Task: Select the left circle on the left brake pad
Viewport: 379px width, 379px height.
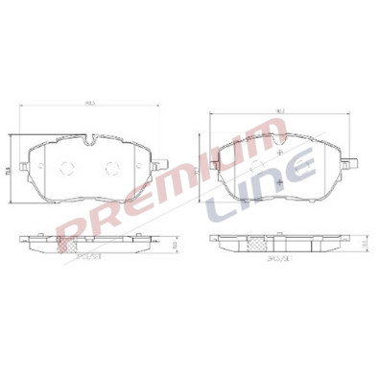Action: (x=66, y=169)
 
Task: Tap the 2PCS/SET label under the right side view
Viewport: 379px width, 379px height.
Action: (x=279, y=258)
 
